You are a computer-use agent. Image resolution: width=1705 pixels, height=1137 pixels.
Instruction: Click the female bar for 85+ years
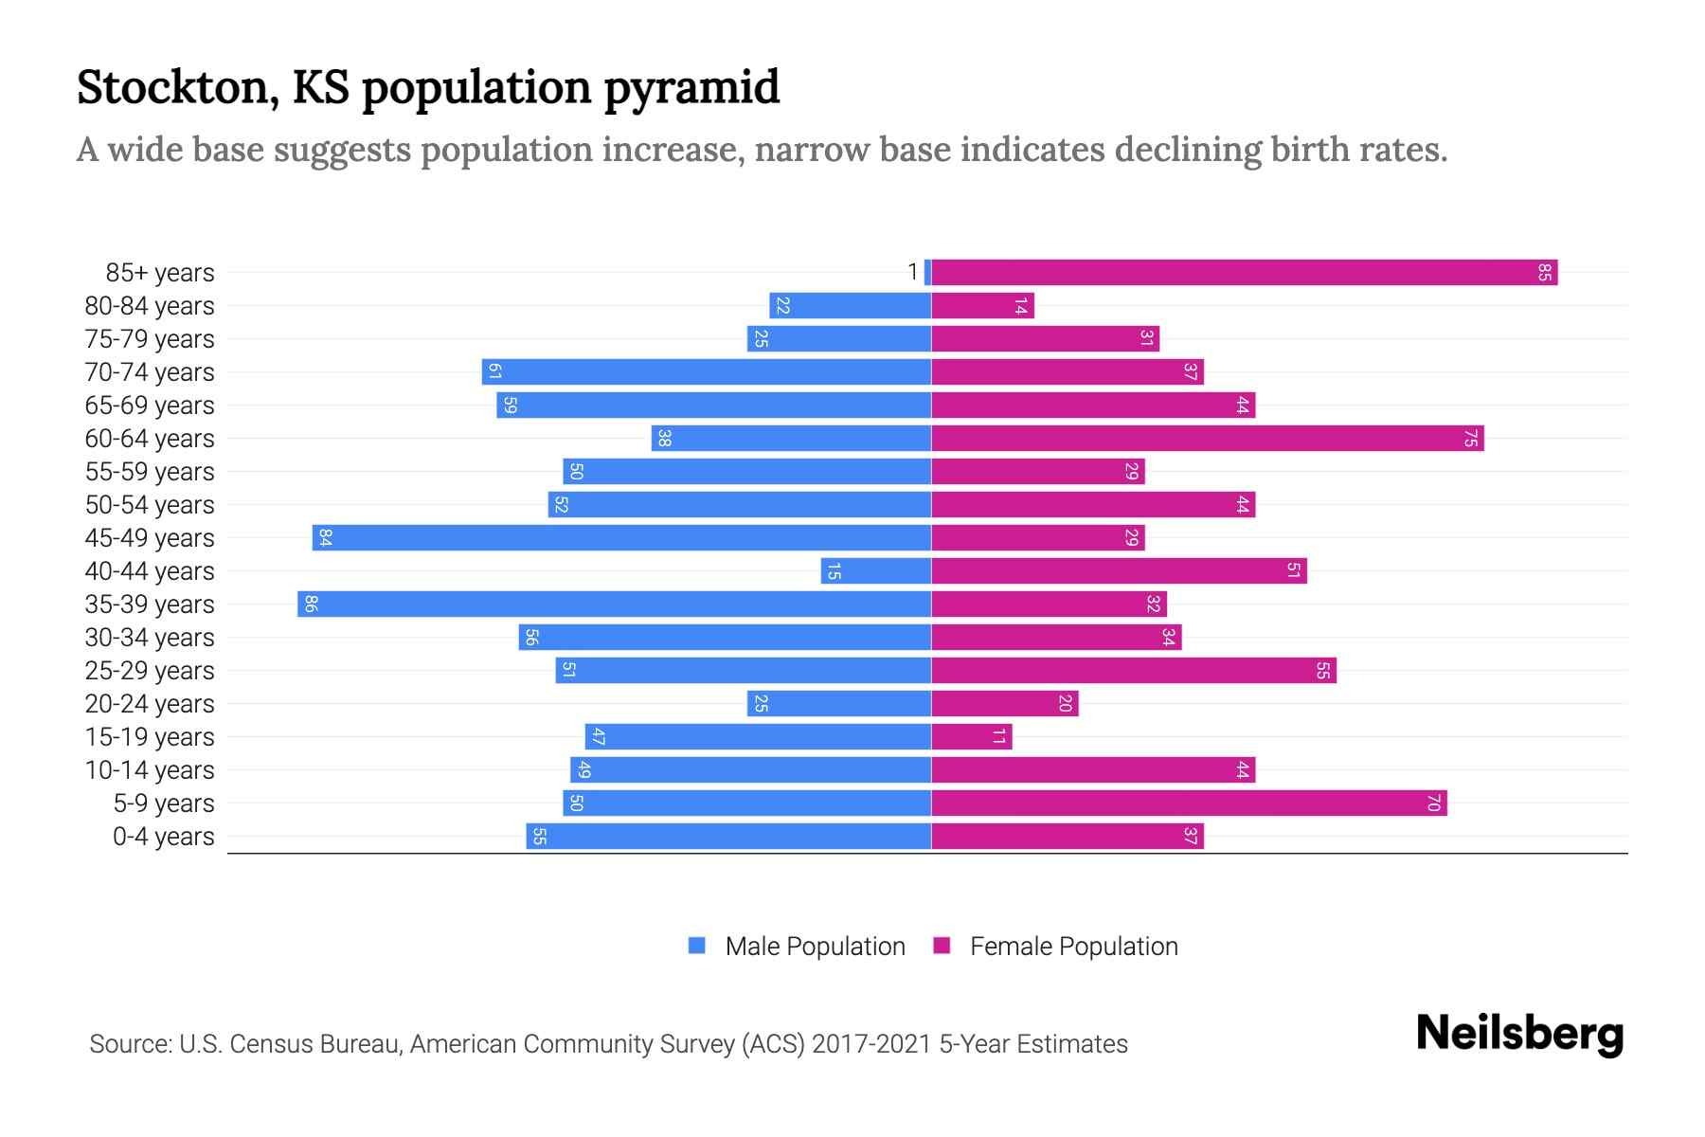tap(1244, 273)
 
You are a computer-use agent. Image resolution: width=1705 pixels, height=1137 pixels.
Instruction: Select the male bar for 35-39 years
tap(614, 605)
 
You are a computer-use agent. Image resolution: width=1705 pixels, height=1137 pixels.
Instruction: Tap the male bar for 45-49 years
tap(621, 538)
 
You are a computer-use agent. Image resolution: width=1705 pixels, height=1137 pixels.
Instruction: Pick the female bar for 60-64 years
tap(1207, 439)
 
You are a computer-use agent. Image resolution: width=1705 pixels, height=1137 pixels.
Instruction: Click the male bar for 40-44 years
tap(876, 571)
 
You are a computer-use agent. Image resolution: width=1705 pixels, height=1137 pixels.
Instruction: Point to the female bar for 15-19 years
tap(972, 737)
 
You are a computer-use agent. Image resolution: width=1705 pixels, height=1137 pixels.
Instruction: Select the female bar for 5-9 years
tap(1189, 803)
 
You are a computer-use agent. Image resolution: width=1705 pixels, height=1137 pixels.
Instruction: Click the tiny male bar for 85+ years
tap(928, 273)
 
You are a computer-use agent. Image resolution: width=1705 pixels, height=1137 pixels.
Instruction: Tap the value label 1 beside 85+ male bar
tap(912, 273)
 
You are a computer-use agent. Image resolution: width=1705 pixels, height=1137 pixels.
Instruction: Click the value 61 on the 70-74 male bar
tap(494, 372)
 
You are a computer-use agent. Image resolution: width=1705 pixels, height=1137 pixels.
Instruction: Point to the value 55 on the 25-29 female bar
tap(1322, 671)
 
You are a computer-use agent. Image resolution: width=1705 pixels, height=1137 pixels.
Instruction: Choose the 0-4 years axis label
tap(163, 837)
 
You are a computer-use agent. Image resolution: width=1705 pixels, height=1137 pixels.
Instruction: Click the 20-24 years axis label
tap(150, 704)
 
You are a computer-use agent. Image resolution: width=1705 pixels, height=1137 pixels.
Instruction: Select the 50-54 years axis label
tap(150, 505)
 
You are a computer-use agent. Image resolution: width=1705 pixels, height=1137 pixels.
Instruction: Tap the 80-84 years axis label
tap(150, 306)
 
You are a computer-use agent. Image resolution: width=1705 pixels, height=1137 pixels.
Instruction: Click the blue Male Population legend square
tap(697, 946)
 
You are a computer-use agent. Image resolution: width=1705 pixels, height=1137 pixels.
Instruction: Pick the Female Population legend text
tap(1073, 947)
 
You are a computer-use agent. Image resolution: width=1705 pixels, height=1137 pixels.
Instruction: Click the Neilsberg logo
tap(1519, 1034)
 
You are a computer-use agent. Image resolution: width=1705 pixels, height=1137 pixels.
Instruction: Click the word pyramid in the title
tap(691, 88)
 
